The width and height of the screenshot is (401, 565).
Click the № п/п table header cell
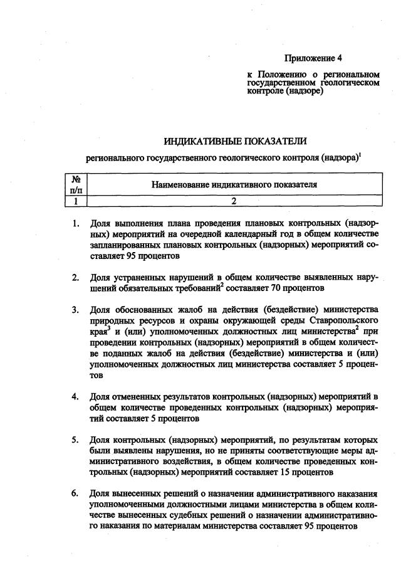coord(75,185)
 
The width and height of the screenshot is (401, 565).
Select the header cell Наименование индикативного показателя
coord(233,185)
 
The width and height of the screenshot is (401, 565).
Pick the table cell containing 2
coord(233,201)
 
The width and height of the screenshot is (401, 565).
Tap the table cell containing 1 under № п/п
coord(75,201)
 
